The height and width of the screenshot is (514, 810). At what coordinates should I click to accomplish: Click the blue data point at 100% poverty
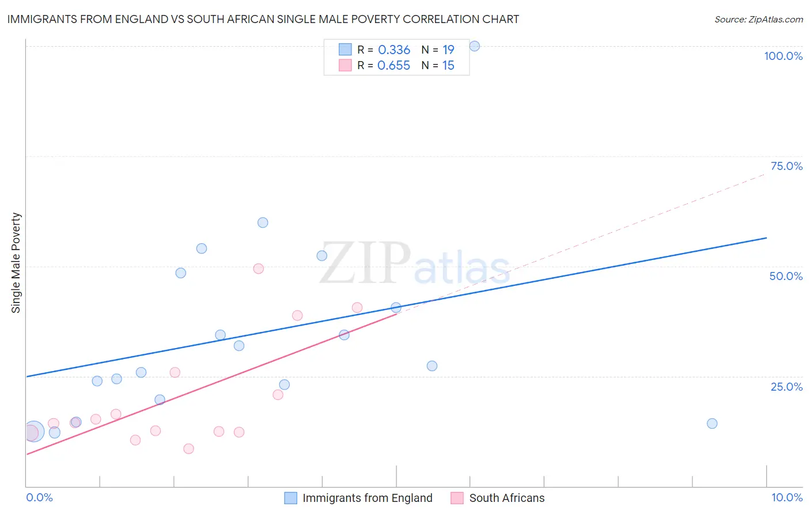pyautogui.click(x=474, y=46)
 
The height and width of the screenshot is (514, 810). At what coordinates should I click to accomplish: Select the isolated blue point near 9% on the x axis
pyautogui.click(x=712, y=424)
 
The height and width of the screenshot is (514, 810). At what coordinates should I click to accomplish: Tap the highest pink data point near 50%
pyautogui.click(x=259, y=269)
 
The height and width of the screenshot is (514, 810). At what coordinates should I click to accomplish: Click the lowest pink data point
pyautogui.click(x=188, y=449)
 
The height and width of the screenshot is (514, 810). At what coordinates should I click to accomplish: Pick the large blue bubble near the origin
pyautogui.click(x=33, y=431)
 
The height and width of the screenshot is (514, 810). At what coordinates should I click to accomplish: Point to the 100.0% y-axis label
pyautogui.click(x=783, y=56)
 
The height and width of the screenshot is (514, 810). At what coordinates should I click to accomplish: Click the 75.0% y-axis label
pyautogui.click(x=786, y=166)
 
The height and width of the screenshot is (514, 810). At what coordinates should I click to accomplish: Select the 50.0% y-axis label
pyautogui.click(x=786, y=276)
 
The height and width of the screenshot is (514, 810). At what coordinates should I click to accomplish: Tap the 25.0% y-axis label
pyautogui.click(x=786, y=387)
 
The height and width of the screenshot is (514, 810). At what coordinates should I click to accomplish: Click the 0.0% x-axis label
pyautogui.click(x=39, y=497)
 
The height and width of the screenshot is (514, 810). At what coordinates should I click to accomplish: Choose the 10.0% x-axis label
pyautogui.click(x=786, y=497)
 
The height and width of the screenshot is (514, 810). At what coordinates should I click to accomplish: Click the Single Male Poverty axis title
pyautogui.click(x=16, y=263)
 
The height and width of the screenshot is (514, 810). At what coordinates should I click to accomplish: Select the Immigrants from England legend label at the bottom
pyautogui.click(x=367, y=498)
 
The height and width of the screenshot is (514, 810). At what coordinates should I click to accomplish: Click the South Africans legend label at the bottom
pyautogui.click(x=506, y=498)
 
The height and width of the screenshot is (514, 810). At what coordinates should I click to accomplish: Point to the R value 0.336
pyautogui.click(x=394, y=50)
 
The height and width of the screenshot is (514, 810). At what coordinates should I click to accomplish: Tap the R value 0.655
pyautogui.click(x=393, y=66)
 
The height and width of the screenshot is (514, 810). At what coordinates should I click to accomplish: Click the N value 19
pyautogui.click(x=448, y=50)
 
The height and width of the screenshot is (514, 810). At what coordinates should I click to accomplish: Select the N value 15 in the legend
pyautogui.click(x=448, y=66)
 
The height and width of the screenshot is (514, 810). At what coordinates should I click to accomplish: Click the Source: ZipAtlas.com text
pyautogui.click(x=758, y=20)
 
